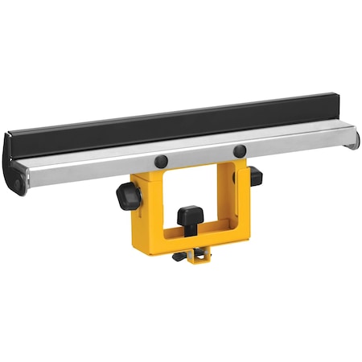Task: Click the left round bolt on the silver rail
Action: (x=162, y=161)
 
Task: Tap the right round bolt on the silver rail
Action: (x=239, y=151)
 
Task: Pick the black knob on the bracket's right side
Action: (x=254, y=175)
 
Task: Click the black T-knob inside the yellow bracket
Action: (x=191, y=216)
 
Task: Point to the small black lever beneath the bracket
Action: (x=179, y=257)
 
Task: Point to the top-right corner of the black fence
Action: (x=336, y=96)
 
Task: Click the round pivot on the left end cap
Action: (x=16, y=183)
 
